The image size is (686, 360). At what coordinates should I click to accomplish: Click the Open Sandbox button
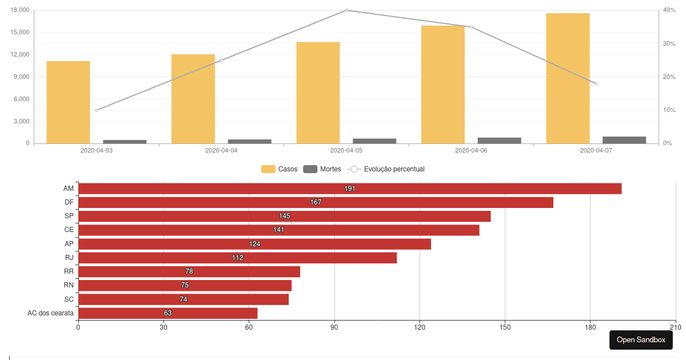[x=641, y=340]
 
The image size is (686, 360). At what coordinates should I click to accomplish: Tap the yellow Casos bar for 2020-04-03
[x=68, y=102]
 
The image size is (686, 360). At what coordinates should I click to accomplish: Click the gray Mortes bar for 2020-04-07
[x=624, y=140]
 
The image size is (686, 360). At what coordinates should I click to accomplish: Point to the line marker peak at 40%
[x=346, y=10]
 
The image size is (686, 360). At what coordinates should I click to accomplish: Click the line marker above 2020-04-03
[x=96, y=110]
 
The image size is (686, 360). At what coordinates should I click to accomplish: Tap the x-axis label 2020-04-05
[x=346, y=151]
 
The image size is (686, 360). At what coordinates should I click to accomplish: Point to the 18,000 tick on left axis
[x=20, y=10]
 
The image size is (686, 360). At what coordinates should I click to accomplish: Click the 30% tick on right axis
[x=669, y=43]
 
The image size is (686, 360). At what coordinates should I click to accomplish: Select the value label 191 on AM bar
[x=350, y=189]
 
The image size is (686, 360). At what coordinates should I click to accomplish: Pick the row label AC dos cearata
[x=50, y=313]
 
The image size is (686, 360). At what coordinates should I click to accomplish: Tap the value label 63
[x=167, y=313]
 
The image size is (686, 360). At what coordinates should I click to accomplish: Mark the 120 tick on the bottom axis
[x=420, y=327]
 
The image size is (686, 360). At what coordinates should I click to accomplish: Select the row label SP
[x=69, y=216]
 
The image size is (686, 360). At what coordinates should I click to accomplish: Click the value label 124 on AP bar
[x=254, y=244]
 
